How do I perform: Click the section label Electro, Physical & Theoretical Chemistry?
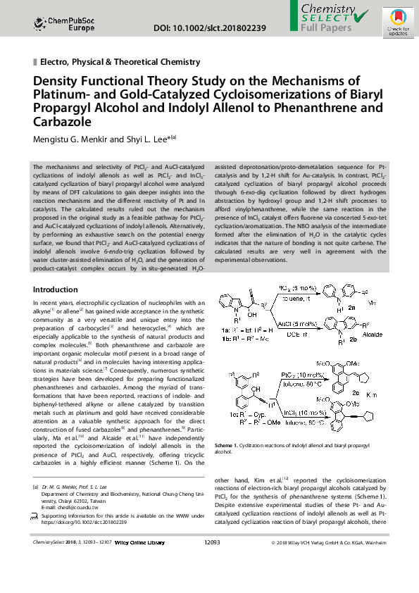click(x=120, y=63)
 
